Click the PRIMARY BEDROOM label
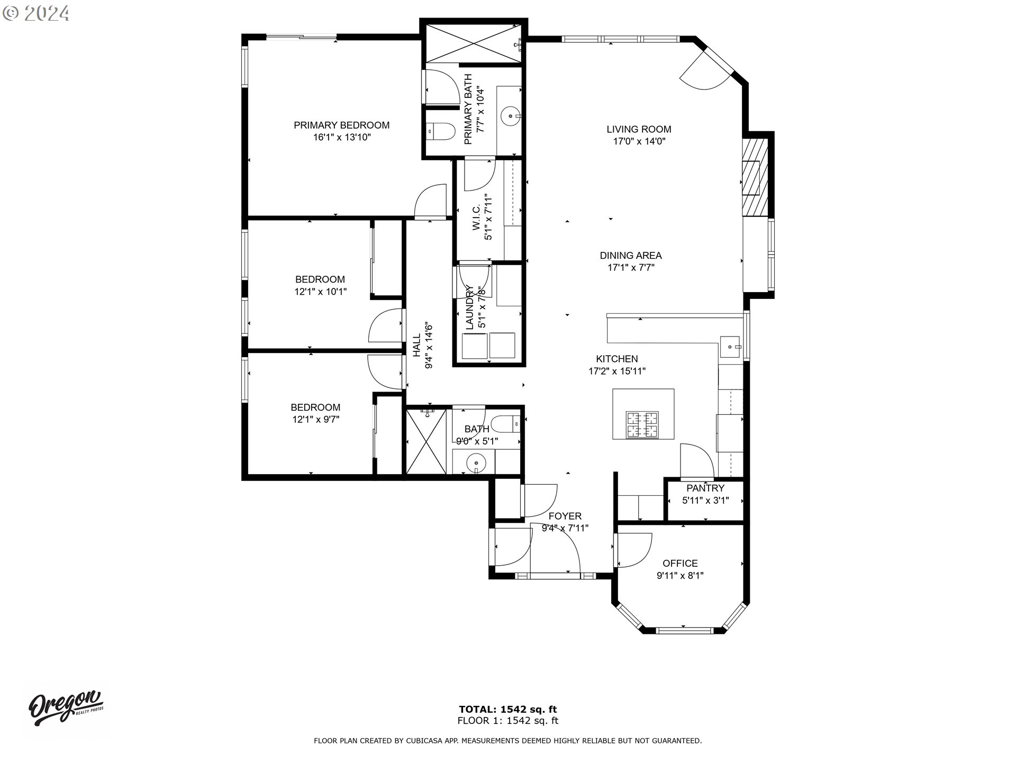[x=341, y=125]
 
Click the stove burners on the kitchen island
[x=642, y=424]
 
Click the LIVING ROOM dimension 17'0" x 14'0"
[x=639, y=141]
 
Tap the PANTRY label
[x=705, y=488]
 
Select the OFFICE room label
[x=680, y=564]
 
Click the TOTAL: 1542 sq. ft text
[x=507, y=710]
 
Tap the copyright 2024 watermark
[x=36, y=13]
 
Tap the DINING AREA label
[x=630, y=256]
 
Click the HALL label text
[x=417, y=344]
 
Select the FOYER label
[x=565, y=516]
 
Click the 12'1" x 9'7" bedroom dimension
[x=315, y=420]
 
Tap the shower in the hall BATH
[x=427, y=441]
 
